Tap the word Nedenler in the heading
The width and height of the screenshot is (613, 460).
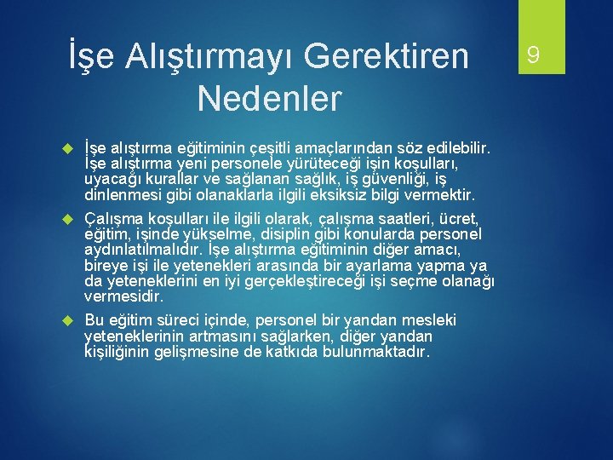coord(269,98)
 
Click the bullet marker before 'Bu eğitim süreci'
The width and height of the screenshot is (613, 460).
coord(71,320)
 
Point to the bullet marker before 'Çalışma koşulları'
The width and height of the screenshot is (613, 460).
coord(71,220)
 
